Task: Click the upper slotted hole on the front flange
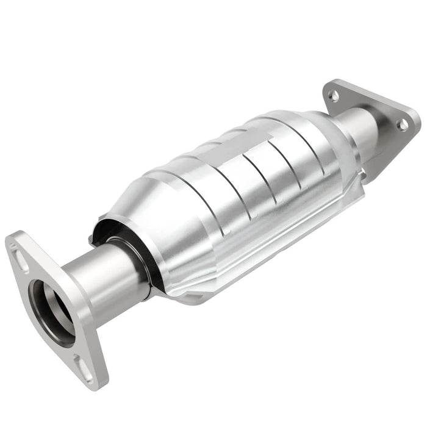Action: coord(21,260)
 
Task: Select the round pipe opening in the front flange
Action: coord(54,310)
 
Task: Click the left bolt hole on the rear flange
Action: coord(334,95)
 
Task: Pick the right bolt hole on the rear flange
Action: coord(402,124)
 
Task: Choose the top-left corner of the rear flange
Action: coord(329,82)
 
